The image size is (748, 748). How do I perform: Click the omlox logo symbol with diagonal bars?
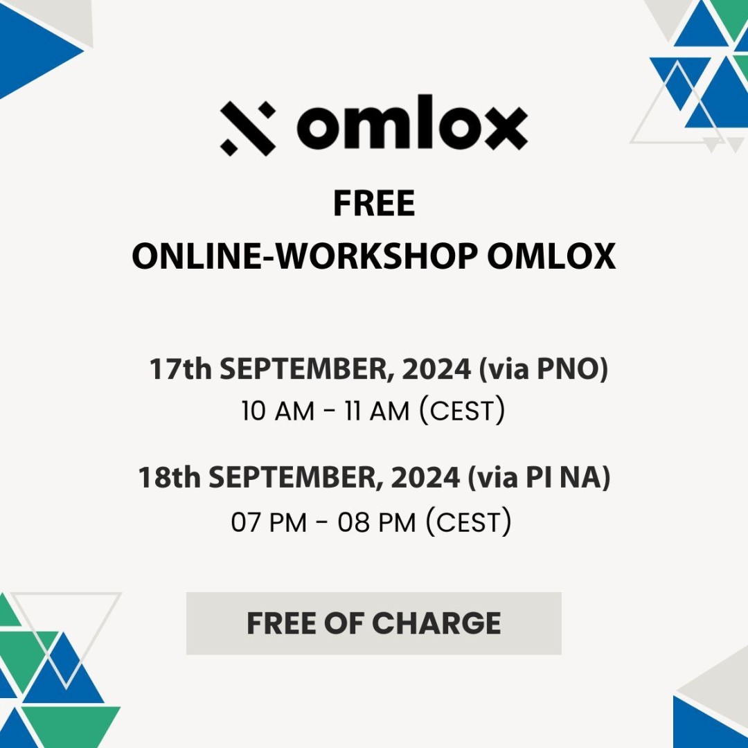coord(248,128)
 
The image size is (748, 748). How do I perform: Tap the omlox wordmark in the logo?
coord(412,122)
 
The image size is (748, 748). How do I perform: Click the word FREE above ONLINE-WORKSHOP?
coord(374,203)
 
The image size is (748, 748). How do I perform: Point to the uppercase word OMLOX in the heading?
coord(551,256)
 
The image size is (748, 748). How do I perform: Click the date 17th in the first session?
coord(180,368)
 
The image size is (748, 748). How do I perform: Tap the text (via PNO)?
coord(544,370)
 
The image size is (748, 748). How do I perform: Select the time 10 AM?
coord(278,411)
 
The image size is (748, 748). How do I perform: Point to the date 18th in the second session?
coord(170,477)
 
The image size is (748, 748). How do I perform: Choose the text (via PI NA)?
coord(539,478)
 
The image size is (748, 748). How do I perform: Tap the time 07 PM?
coord(269,522)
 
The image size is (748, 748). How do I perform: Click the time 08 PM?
coord(377,522)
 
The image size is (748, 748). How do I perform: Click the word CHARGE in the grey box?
coord(436,623)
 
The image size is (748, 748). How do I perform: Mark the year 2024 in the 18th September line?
coord(425,477)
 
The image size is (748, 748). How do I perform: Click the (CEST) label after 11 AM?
coord(462,410)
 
